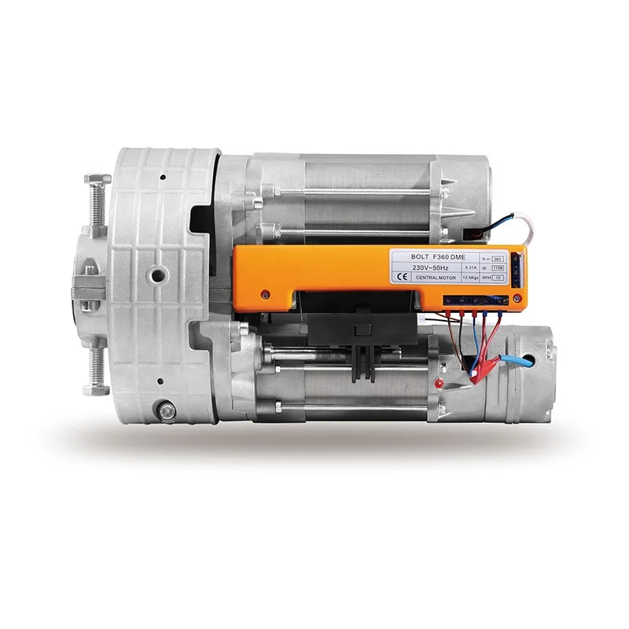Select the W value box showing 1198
(498, 267)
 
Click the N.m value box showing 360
(498, 256)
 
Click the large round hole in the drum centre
(158, 274)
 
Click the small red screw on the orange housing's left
(266, 294)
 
